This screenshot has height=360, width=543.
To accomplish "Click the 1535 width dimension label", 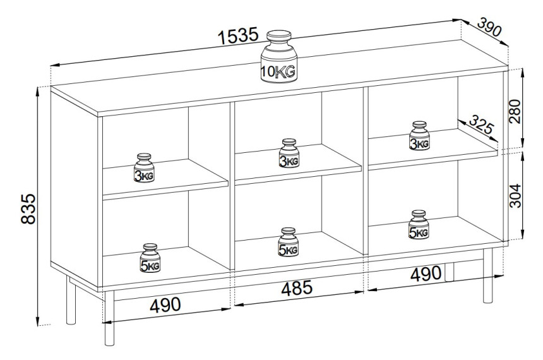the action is (238, 36).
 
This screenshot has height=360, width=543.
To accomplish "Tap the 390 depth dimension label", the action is (489, 27).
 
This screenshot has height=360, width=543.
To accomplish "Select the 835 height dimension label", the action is (28, 209).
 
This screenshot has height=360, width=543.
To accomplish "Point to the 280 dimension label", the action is (515, 111).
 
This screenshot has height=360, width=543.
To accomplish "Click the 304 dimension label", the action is (515, 196).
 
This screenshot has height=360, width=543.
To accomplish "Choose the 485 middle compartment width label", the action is (297, 288).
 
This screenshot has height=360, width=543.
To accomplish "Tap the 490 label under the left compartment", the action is (165, 305).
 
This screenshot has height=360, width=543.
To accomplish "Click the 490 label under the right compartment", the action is (426, 273).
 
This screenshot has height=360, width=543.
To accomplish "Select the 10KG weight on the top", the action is (279, 57).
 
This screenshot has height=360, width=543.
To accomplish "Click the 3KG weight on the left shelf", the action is (144, 168).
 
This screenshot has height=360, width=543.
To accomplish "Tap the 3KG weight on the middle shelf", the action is (289, 153).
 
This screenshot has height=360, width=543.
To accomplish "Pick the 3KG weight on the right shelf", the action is (419, 136).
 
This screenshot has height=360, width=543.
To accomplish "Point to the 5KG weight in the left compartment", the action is (150, 258).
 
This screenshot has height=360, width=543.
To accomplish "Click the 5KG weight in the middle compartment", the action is (288, 242).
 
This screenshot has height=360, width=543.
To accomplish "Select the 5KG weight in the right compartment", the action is (419, 224).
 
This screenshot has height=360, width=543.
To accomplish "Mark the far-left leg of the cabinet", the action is (71, 301).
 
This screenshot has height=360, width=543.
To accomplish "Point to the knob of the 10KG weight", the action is (279, 36).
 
